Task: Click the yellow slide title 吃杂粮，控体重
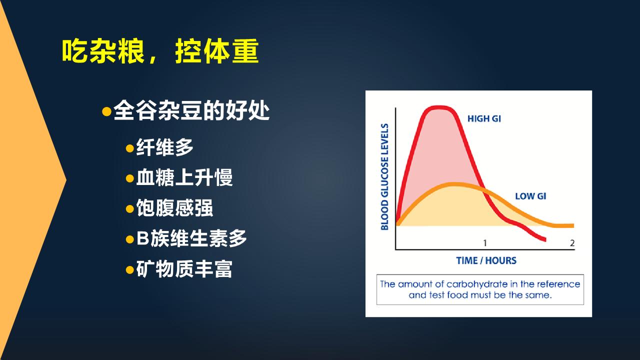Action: (x=160, y=51)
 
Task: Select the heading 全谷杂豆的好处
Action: (x=191, y=110)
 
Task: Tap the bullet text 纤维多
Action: (x=164, y=147)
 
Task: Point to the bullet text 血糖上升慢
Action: (x=184, y=177)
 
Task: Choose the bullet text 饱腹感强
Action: (x=174, y=208)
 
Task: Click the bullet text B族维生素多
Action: (x=191, y=238)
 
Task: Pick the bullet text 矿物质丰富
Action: (x=184, y=269)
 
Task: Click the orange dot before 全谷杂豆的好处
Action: (x=106, y=111)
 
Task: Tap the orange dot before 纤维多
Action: (x=129, y=148)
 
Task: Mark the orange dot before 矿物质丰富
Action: (x=129, y=269)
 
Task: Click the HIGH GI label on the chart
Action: (x=484, y=118)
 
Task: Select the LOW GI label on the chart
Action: (x=530, y=196)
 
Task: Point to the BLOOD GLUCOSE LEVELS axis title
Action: (x=384, y=177)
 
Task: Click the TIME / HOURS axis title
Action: (x=486, y=260)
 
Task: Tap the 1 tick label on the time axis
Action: (x=485, y=243)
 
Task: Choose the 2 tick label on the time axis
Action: (x=572, y=243)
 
